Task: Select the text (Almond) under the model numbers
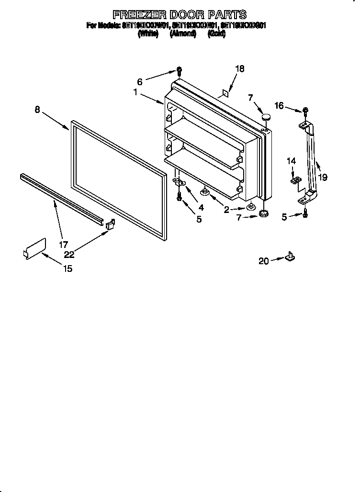point(183,34)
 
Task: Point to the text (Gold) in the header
point(216,34)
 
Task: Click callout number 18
point(239,69)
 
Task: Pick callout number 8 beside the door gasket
point(37,109)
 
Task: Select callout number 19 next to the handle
point(323,177)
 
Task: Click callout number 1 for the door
point(136,93)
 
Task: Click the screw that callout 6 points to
point(179,71)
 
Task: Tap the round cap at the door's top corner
point(266,116)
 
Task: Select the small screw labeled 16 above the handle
point(304,112)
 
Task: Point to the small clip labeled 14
point(296,180)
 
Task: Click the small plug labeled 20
point(290,257)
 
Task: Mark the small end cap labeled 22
point(110,224)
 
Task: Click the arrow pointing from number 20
point(277,260)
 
